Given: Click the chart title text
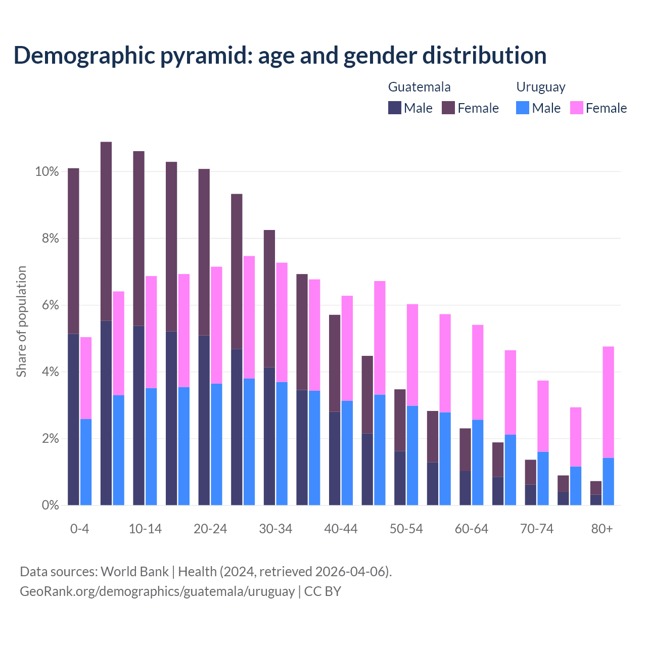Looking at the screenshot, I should coord(280,55).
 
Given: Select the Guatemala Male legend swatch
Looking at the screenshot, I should coord(394,108).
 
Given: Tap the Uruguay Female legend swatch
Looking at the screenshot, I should coord(576,108).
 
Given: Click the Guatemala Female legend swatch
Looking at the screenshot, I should coord(448,108).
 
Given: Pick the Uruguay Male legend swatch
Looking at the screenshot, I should coord(523,108).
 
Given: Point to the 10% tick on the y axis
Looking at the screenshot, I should coord(47,172).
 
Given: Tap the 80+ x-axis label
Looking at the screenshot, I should coord(602,529).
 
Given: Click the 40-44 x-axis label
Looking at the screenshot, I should coord(341,529).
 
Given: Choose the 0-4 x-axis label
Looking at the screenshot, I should coord(79,529).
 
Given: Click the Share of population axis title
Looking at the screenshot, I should coord(21,321).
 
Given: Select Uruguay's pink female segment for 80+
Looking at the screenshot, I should coord(608,402).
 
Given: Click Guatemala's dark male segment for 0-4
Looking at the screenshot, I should coord(73,420).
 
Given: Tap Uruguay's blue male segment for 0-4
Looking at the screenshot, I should coord(86,462).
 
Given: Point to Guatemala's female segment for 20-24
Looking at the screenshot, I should coord(204,252).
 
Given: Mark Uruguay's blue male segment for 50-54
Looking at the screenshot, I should coord(412,455).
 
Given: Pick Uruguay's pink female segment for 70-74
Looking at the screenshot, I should coord(543,416).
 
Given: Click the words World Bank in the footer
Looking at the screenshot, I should coord(134,572).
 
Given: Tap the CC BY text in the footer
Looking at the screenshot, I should coord(322,591).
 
